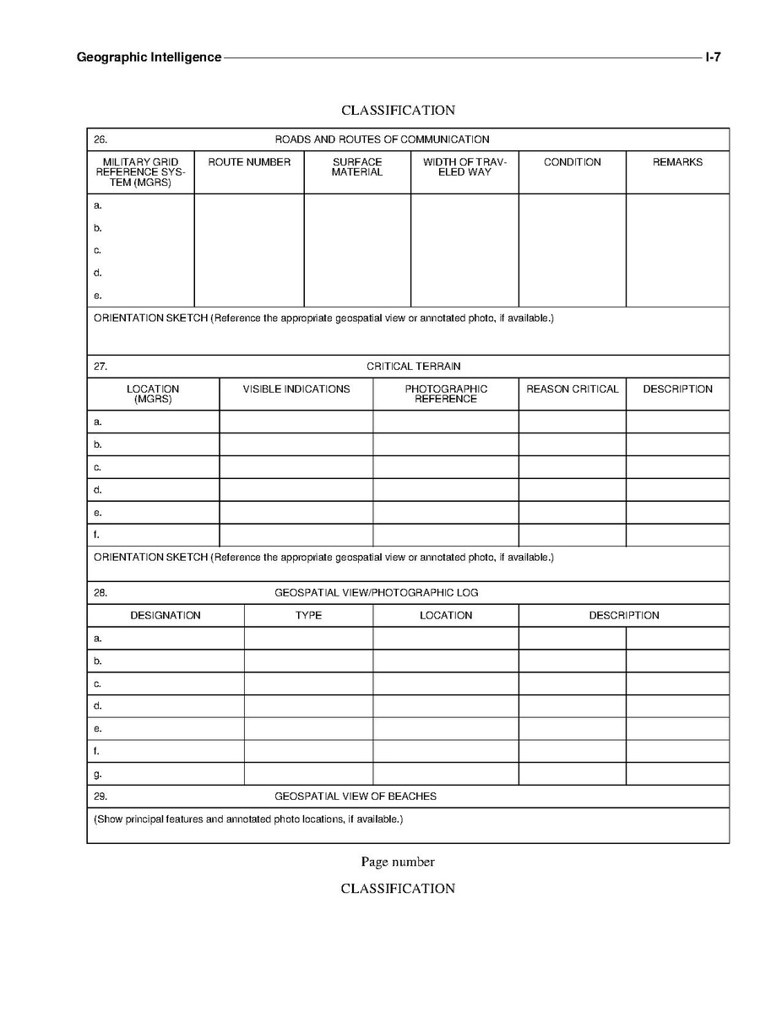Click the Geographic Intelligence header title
pos(149,57)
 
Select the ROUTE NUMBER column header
pos(249,162)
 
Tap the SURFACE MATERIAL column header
pos(357,167)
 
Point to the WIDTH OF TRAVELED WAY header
pos(464,167)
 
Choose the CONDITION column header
pos(573,162)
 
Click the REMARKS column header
pos(677,162)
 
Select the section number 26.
pos(100,139)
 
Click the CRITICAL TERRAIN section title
pos(414,367)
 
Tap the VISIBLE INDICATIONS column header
pos(296,389)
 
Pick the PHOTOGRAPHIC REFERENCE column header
pos(446,394)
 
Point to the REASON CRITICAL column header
pos(573,389)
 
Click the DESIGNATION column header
pos(166,616)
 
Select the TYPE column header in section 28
pos(308,616)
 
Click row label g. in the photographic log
pos(98,774)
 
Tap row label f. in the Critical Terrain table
pos(97,535)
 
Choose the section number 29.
pos(100,797)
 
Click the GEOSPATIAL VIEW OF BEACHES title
pos(356,797)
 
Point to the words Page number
pos(398,862)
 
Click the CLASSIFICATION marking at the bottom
pos(398,889)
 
